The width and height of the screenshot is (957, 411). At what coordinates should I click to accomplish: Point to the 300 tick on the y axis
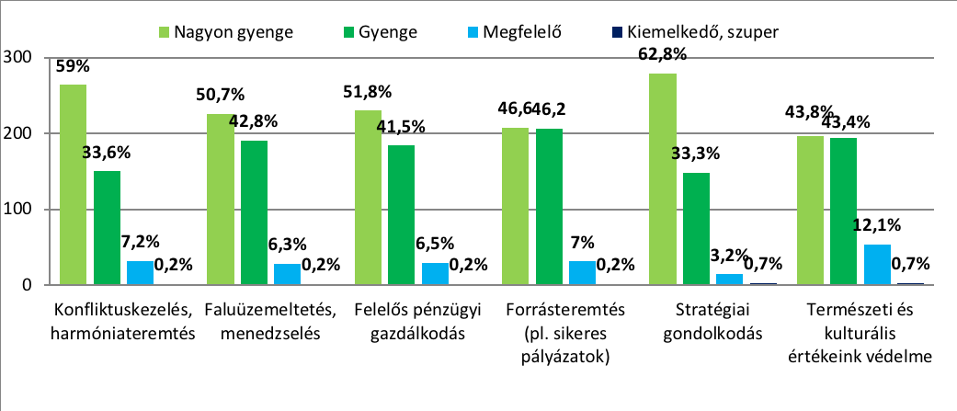[x=19, y=58]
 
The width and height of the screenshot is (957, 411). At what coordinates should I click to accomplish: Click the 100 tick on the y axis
[x=19, y=210]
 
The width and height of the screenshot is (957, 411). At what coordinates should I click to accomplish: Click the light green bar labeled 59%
[x=73, y=185]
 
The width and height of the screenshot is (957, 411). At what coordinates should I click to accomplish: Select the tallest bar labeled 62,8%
[x=663, y=179]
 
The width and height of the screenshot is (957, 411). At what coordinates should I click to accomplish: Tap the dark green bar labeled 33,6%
[x=107, y=228]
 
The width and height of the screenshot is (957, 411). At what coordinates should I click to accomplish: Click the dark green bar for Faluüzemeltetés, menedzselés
[x=254, y=213]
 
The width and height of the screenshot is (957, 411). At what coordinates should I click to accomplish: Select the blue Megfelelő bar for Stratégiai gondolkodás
[x=730, y=280]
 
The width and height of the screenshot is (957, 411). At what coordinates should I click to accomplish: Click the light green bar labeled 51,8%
[x=368, y=198]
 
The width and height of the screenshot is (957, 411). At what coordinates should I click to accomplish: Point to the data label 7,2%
[x=141, y=245]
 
